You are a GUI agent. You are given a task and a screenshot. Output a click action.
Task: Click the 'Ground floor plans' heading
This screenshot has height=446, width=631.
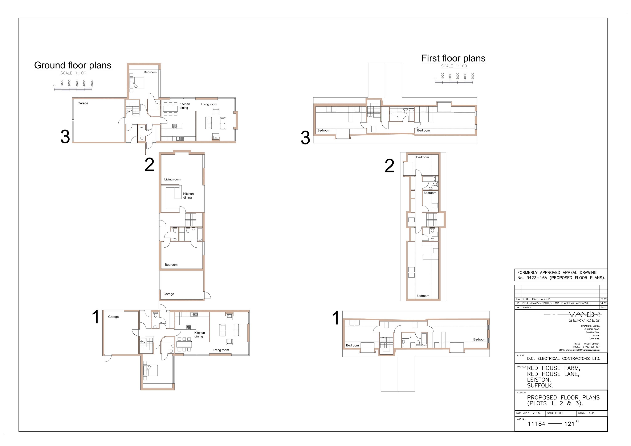pyautogui.click(x=73, y=65)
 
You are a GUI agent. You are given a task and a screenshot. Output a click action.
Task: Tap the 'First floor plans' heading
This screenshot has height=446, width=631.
pyautogui.click(x=453, y=58)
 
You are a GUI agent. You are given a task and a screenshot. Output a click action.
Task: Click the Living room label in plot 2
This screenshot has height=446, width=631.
pyautogui.click(x=172, y=179)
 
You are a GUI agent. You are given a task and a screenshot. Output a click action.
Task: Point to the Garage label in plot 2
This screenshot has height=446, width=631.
pyautogui.click(x=169, y=294)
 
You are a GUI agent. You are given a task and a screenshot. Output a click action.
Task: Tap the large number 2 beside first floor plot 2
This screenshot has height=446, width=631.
pyautogui.click(x=389, y=166)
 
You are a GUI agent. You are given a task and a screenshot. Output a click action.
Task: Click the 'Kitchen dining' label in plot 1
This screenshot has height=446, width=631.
pyautogui.click(x=199, y=335)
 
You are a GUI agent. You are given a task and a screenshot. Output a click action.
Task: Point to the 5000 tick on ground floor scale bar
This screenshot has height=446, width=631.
pyautogui.click(x=92, y=83)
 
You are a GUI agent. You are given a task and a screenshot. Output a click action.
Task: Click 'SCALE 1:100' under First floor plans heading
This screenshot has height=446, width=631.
pyautogui.click(x=454, y=66)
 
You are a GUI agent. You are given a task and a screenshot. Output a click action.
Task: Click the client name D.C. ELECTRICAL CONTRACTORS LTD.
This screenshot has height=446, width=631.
pyautogui.click(x=564, y=359)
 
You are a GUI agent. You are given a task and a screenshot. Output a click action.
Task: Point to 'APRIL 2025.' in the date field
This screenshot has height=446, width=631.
pyautogui.click(x=532, y=413)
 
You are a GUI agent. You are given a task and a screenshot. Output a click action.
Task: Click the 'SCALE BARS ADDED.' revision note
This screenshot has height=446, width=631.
pyautogui.click(x=536, y=299)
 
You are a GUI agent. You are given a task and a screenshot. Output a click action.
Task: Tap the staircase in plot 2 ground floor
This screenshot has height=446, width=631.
pyautogui.click(x=191, y=220)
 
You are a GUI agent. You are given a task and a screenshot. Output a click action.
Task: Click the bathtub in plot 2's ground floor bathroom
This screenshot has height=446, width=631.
pyautogui.click(x=200, y=234)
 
